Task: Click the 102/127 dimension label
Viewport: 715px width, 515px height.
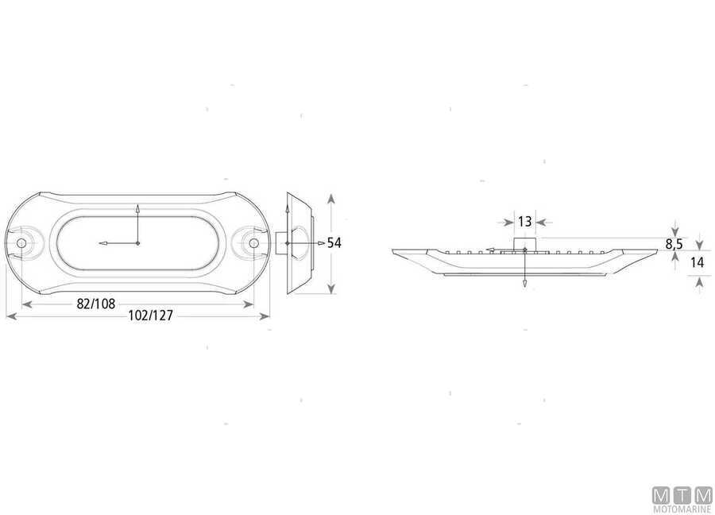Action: click(150, 315)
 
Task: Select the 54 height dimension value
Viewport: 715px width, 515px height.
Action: click(334, 243)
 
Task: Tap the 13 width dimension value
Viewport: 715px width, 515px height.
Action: click(524, 222)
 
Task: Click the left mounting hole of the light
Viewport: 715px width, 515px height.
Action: click(22, 242)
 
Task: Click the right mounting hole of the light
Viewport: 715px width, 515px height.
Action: click(253, 242)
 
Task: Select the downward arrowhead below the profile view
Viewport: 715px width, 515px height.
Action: click(524, 284)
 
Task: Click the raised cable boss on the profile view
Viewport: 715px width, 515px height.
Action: click(524, 242)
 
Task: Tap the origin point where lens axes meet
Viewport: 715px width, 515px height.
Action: click(138, 242)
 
